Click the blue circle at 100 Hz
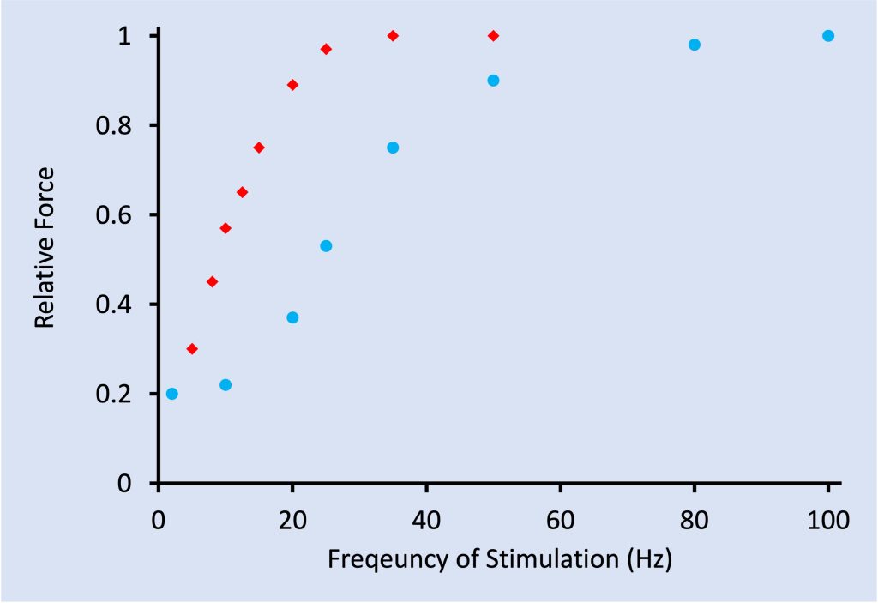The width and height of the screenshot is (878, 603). [x=828, y=36]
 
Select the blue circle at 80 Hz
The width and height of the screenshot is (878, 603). [x=695, y=45]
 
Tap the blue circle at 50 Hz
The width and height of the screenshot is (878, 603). [x=493, y=81]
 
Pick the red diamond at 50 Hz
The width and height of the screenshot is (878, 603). [x=493, y=36]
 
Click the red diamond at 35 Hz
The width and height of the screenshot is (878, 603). [x=393, y=36]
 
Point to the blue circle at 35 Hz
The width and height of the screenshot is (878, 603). [x=393, y=148]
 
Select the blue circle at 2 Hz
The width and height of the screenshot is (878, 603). [x=171, y=394]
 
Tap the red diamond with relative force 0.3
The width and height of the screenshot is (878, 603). [x=192, y=349]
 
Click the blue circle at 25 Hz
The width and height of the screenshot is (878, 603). [x=326, y=246]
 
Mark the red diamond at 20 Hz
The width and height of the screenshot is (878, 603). [x=292, y=85]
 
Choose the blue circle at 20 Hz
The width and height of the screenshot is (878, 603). [x=292, y=317]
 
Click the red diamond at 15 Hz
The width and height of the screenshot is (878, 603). [x=259, y=148]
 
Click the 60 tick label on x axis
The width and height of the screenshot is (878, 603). [x=560, y=520]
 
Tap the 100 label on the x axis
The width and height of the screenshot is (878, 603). [x=827, y=520]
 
